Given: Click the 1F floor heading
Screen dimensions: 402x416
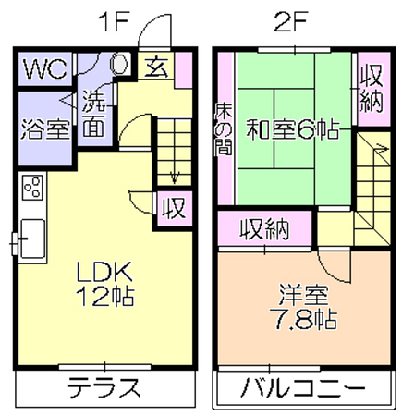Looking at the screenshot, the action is [113, 22].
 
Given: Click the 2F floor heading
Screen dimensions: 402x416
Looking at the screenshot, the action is [290, 22].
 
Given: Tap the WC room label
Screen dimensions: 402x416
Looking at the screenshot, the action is [45, 69].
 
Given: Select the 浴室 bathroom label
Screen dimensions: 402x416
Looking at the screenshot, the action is [45, 128].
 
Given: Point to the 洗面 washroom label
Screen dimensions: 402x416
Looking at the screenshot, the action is [94, 114].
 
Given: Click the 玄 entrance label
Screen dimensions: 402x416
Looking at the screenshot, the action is [156, 67].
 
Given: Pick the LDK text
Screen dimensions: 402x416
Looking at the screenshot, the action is [104, 272].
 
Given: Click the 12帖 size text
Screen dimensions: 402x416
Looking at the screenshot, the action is [104, 296].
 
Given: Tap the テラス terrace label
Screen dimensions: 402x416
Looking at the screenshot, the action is [104, 386].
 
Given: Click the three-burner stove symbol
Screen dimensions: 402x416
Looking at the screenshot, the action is [32, 188].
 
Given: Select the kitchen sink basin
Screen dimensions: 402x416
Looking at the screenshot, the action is [32, 239].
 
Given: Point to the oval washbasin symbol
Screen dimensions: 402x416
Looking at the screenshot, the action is [119, 64].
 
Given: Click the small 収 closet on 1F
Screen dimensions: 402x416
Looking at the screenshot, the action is [175, 209].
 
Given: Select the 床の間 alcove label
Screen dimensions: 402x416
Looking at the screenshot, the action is [224, 128].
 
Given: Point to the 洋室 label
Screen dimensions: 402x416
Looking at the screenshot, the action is [303, 295].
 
